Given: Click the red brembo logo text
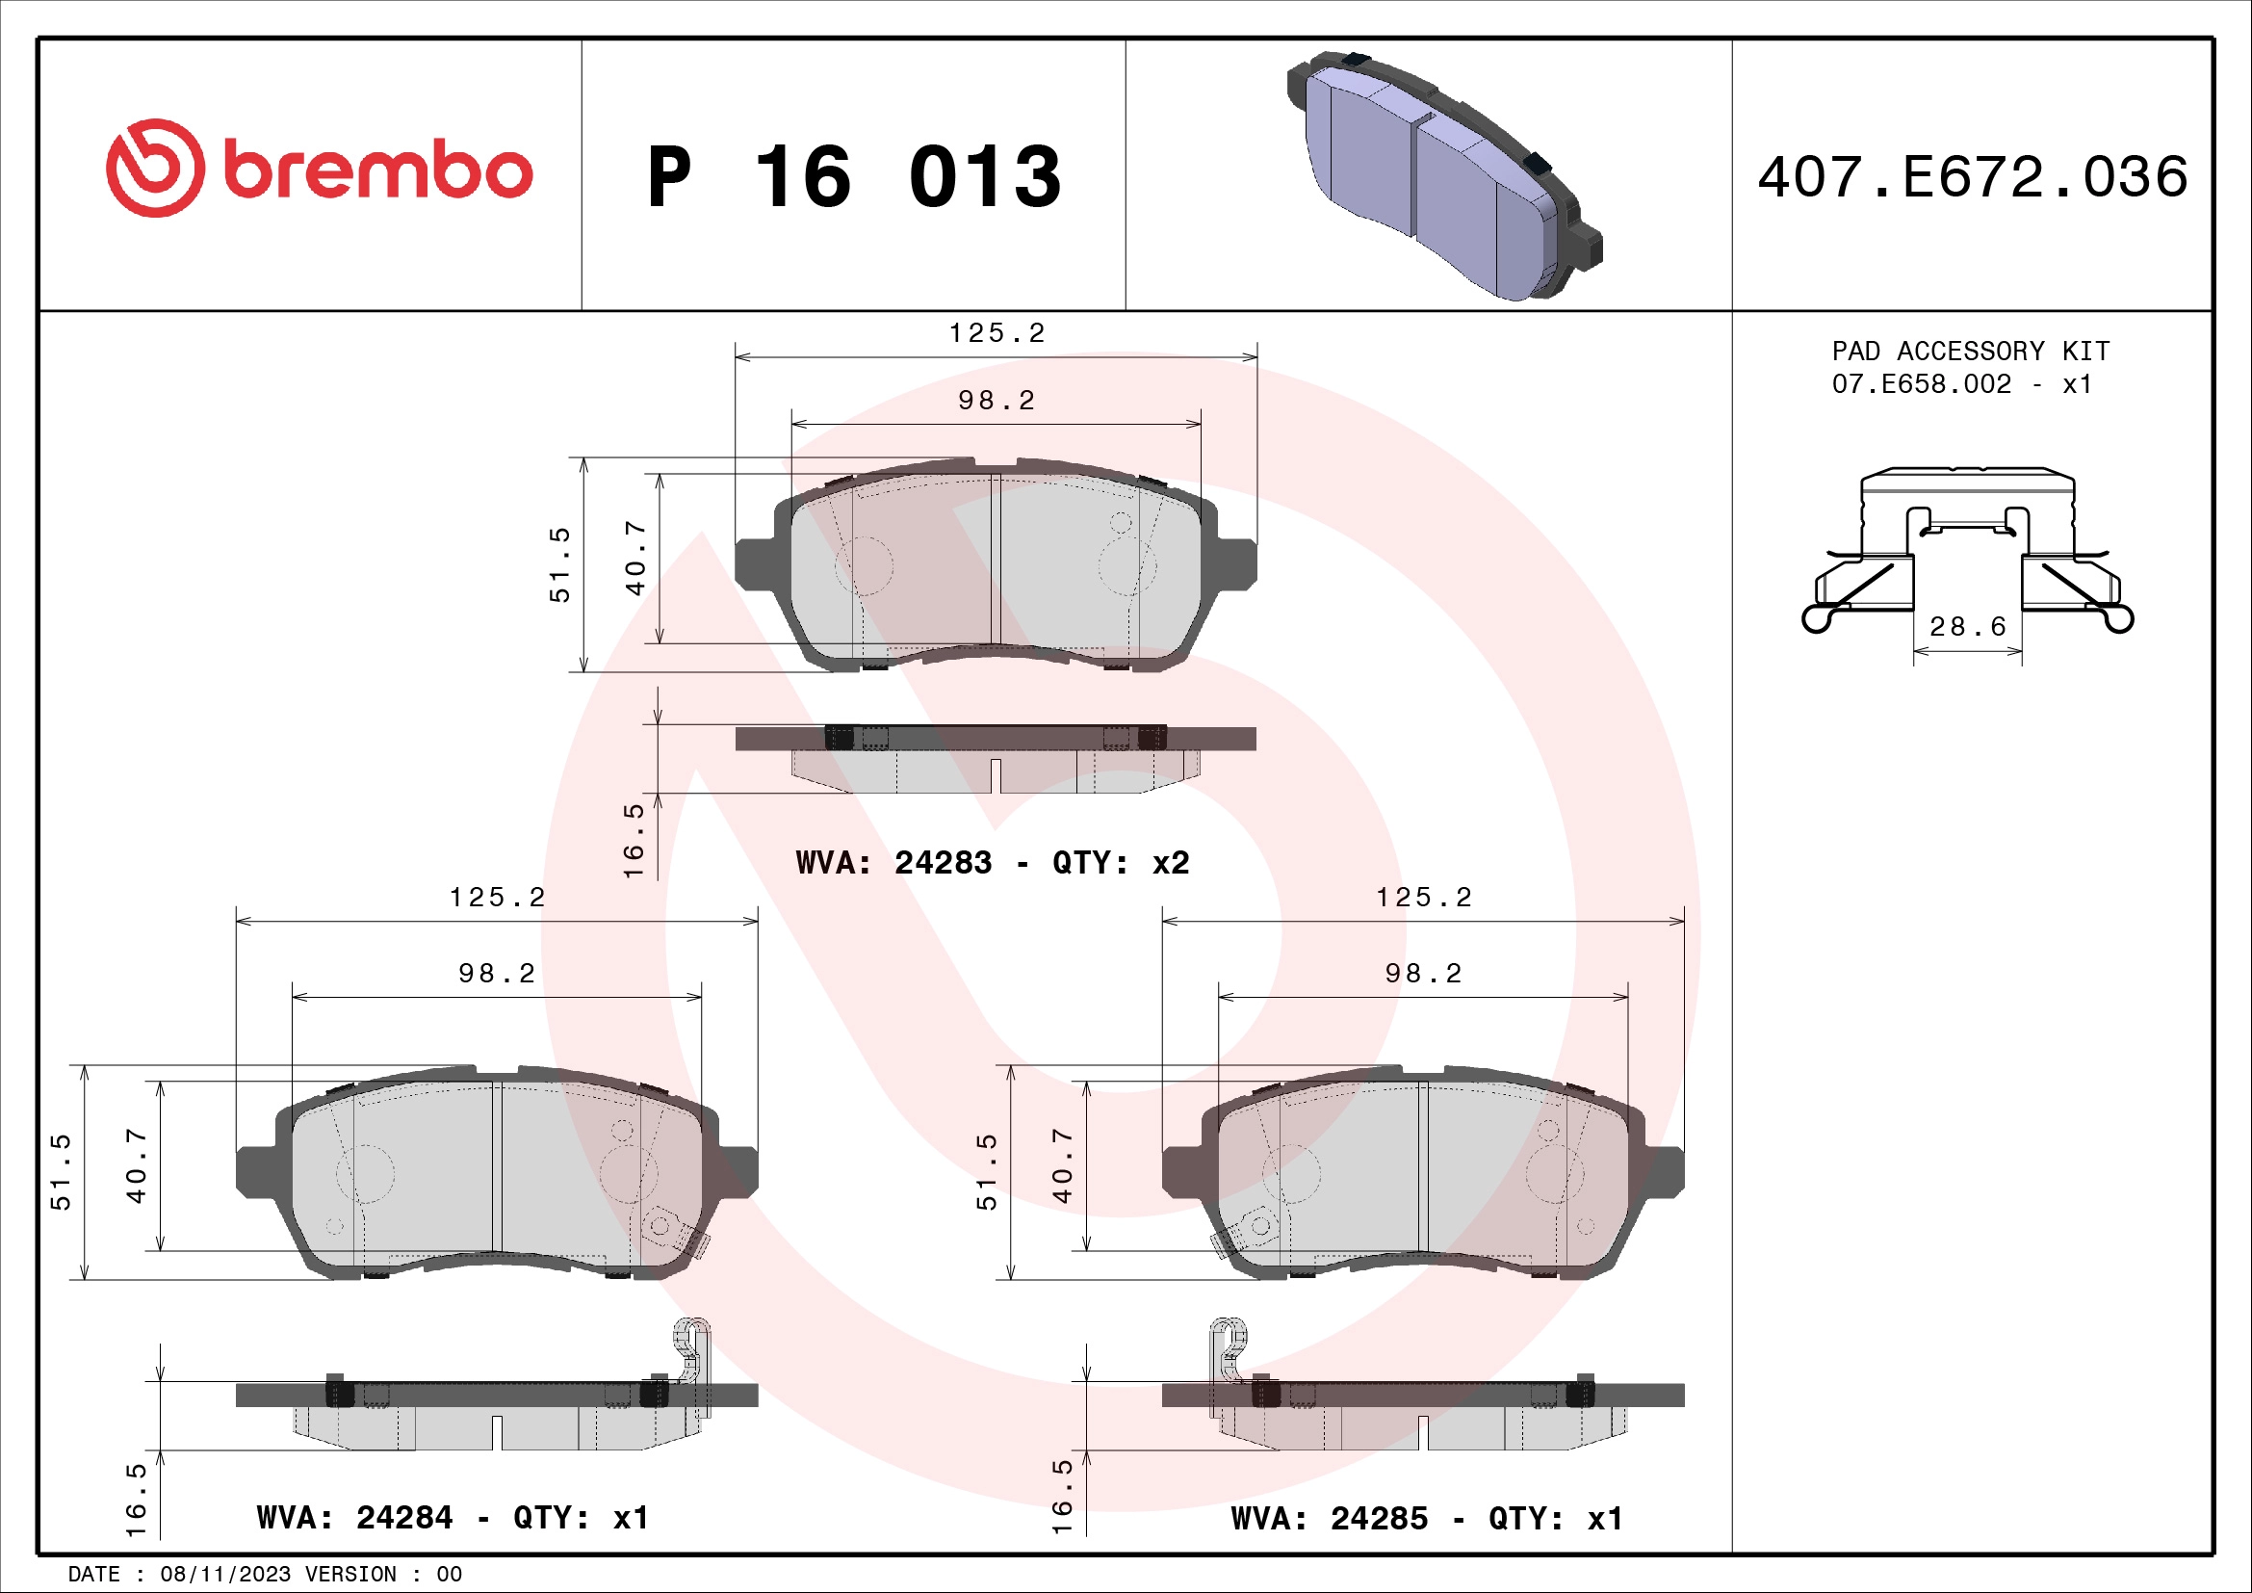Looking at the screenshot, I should tap(377, 170).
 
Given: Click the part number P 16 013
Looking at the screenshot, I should tap(853, 177).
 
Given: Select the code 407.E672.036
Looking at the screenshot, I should tap(1972, 177).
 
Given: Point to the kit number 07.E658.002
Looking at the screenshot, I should tap(1921, 384).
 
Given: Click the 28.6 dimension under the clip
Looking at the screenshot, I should tap(1967, 627).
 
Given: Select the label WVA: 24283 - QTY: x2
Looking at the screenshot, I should tap(992, 863).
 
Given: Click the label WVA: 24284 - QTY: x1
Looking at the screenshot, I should tap(453, 1519).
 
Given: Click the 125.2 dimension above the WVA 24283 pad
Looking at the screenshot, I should tap(996, 333).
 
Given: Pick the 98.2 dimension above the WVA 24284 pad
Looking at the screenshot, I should tap(496, 973).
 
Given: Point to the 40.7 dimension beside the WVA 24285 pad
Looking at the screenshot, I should tap(1062, 1164).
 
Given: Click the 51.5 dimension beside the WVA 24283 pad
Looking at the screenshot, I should tap(559, 564).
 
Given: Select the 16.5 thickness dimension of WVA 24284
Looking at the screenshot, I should tap(137, 1500).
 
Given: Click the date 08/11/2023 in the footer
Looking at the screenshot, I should tap(224, 1575).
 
